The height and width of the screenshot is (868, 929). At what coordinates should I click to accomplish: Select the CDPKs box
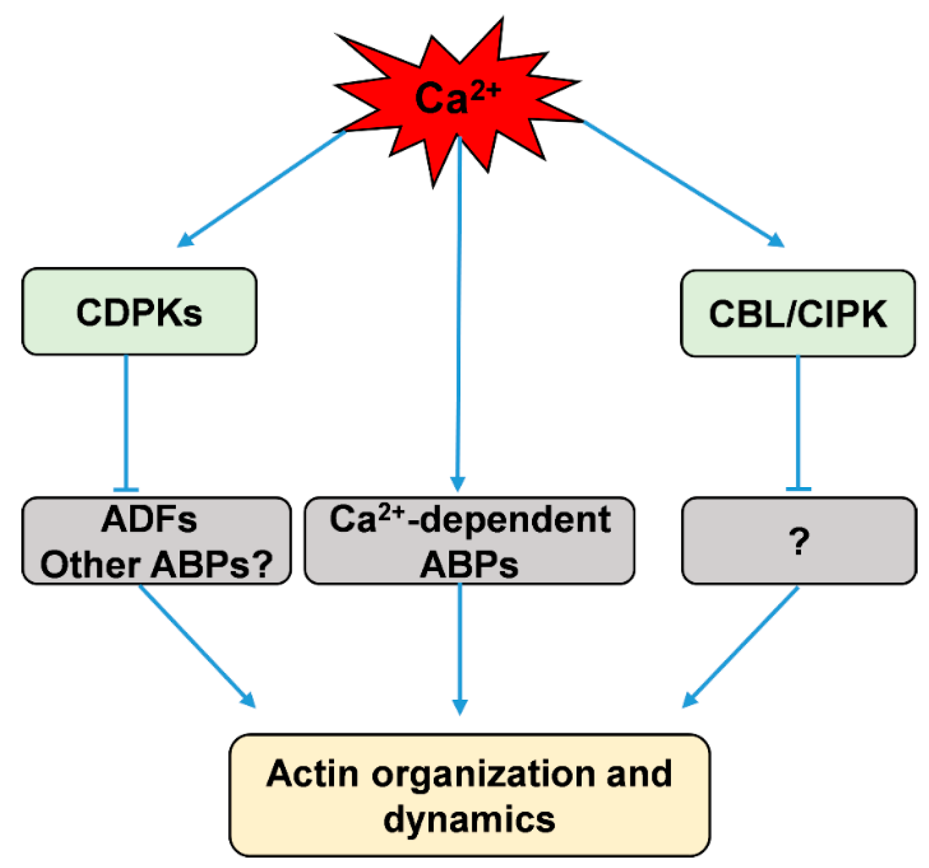139,312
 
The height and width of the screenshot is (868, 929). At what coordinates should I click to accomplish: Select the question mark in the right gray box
799,541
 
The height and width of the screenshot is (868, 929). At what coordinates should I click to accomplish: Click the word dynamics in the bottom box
469,819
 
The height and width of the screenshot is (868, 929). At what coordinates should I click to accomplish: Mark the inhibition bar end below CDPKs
126,489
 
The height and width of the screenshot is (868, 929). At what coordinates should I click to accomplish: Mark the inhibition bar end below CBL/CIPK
798,488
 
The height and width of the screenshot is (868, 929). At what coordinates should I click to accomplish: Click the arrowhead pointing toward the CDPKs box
185,240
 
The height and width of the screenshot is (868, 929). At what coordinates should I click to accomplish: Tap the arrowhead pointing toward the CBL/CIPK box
777,240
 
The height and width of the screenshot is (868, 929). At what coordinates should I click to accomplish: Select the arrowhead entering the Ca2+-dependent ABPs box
457,484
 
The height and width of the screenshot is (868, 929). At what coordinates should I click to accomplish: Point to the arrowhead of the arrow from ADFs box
248,700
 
